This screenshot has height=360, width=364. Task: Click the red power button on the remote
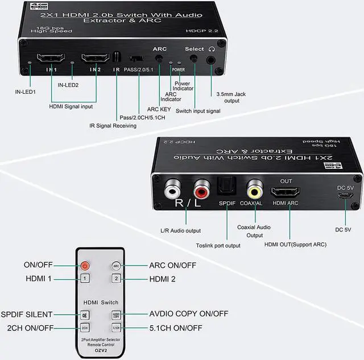click(85, 265)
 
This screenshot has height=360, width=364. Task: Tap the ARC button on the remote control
click(116, 265)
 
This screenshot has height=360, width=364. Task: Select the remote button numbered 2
click(116, 279)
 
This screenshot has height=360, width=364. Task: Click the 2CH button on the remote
click(85, 328)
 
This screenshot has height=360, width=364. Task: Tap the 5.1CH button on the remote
click(116, 328)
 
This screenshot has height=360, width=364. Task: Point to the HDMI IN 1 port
click(51, 58)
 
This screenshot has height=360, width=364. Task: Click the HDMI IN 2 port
click(95, 58)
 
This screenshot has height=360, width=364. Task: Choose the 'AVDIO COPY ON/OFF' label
click(189, 314)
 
